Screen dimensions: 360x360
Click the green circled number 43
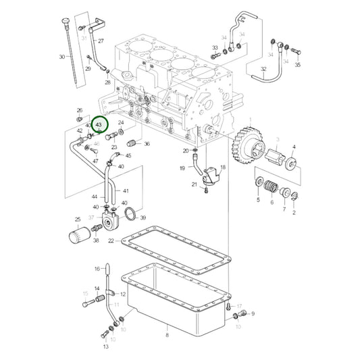pos(99,125)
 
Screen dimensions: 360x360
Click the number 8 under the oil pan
pos(166,335)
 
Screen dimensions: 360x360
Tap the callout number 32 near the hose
pos(263,69)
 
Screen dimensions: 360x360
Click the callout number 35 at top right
pos(297,65)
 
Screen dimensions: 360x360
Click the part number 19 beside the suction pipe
pos(182,168)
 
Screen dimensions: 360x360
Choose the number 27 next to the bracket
pos(101,42)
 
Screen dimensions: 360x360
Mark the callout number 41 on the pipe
pos(125,191)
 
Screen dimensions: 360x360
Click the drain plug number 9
pos(253,313)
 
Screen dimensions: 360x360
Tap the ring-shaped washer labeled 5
pos(259,183)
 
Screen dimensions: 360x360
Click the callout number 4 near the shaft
pos(294,147)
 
